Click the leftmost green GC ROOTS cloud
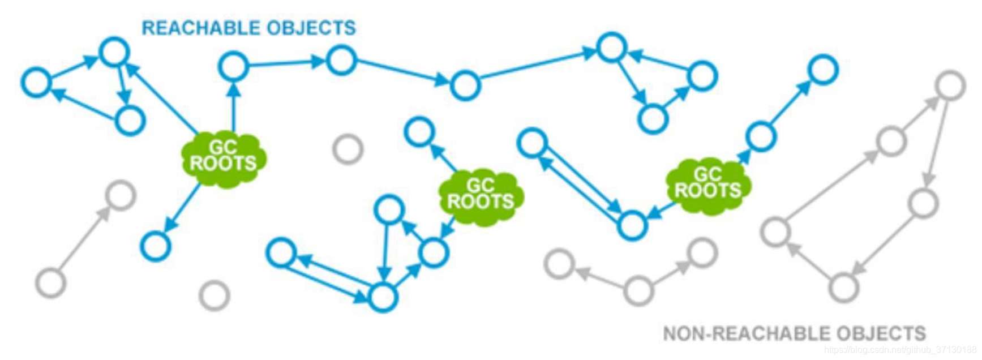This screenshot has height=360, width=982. click(x=224, y=156)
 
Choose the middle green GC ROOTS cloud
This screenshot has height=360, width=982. click(x=481, y=194)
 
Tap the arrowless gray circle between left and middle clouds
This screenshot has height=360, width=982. click(x=348, y=149)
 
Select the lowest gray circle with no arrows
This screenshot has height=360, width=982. click(x=215, y=295)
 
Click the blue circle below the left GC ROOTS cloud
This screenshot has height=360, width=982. click(x=156, y=246)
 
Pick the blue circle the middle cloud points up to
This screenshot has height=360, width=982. click(x=419, y=132)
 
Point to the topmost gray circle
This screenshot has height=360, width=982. click(x=950, y=85)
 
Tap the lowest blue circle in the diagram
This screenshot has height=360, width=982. click(x=383, y=297)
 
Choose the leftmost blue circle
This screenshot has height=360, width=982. click(x=36, y=83)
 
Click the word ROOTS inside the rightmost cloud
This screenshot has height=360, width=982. click(x=708, y=191)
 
